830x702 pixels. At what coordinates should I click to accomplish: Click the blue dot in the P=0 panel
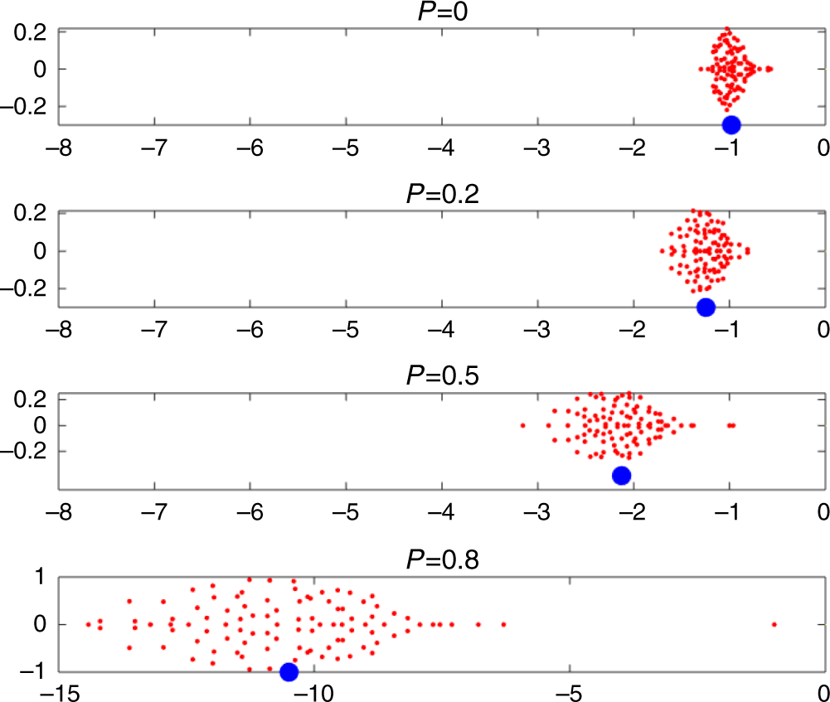coord(731,125)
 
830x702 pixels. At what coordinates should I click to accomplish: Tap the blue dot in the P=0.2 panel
coord(706,307)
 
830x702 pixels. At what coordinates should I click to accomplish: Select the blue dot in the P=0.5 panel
coord(621,475)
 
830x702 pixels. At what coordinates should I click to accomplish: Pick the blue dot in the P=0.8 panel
coord(289,671)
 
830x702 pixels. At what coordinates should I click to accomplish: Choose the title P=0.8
coord(441,558)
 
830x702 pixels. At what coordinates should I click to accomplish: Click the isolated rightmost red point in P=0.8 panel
coord(774,624)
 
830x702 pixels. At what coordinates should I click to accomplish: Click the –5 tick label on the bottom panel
coord(567,691)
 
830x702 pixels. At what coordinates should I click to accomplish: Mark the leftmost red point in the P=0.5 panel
coord(522,426)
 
